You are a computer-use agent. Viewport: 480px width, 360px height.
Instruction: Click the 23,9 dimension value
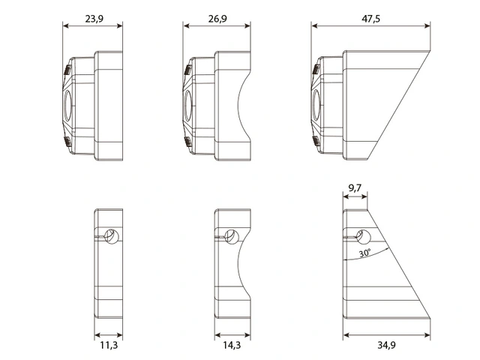coord(94,19)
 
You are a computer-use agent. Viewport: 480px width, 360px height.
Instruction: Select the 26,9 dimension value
coord(217,19)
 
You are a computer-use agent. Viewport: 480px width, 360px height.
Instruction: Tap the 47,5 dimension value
coord(370,19)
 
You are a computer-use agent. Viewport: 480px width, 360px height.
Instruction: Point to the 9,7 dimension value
coord(355,187)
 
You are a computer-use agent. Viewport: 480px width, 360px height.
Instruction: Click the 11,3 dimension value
coord(109,345)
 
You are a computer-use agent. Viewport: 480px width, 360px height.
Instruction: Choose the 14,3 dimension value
coord(232,345)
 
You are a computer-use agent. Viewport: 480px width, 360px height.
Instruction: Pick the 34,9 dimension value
coord(386,345)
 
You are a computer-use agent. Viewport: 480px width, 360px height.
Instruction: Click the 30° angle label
coord(365,253)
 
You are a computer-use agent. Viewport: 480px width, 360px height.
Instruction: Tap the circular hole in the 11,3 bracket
coord(112,237)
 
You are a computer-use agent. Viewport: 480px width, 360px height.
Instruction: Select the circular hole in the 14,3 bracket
coord(232,237)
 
